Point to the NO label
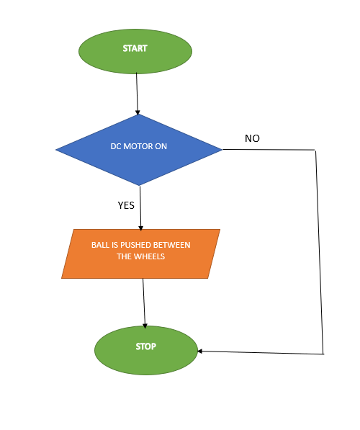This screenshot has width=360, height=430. tap(252, 138)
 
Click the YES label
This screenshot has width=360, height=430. tap(126, 205)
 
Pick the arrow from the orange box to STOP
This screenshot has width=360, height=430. tap(144, 303)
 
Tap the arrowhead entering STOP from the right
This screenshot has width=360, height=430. tap(202, 351)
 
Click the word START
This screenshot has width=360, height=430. tap(135, 49)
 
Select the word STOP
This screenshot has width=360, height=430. tap(146, 346)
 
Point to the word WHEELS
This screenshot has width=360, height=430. tap(150, 257)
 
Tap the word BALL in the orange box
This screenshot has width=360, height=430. tap(101, 245)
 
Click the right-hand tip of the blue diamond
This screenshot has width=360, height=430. tap(220, 149)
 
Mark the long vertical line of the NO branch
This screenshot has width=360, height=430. tap(319, 252)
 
